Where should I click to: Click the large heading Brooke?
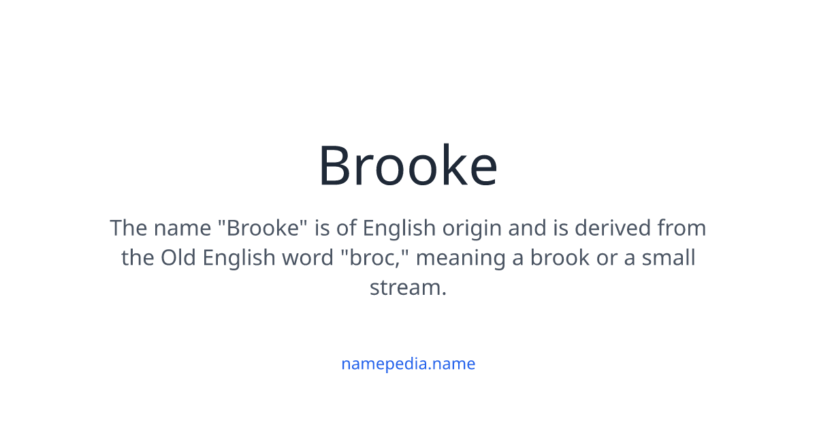click(408, 165)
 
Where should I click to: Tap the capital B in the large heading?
click(338, 166)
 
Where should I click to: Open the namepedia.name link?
click(408, 364)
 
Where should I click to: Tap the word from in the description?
click(682, 228)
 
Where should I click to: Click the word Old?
click(177, 258)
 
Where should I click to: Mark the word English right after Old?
click(235, 258)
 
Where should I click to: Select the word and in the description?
click(528, 228)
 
